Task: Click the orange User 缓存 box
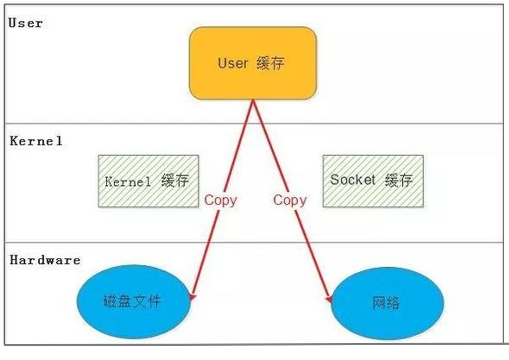(253, 63)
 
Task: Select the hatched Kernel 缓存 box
(148, 181)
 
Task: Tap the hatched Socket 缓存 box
(373, 181)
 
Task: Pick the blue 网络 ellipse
(387, 303)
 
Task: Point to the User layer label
(25, 23)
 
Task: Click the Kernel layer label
(36, 141)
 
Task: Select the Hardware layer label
(45, 260)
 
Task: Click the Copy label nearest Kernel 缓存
(221, 200)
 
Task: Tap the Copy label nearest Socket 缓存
(289, 200)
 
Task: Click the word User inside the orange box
(233, 63)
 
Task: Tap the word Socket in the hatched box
(353, 179)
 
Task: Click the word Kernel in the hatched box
(128, 182)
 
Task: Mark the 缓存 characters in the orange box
(270, 64)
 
